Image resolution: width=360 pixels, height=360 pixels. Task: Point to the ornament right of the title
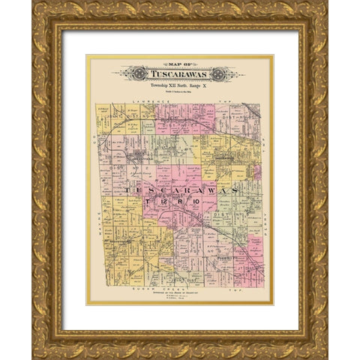click(x=220, y=74)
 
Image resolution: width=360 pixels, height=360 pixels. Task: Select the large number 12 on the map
click(x=168, y=202)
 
